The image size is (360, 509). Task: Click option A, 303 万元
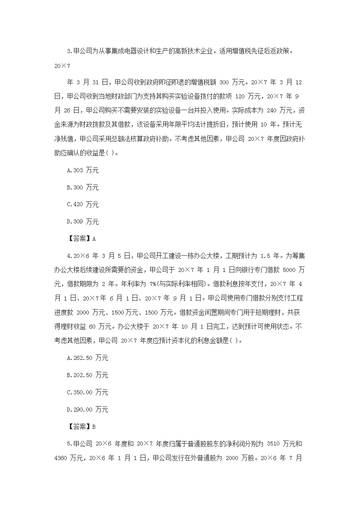pos(83,170)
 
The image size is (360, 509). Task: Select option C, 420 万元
pos(83,205)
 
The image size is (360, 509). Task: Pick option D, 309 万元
pos(83,222)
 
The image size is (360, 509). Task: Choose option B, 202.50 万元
pos(87,375)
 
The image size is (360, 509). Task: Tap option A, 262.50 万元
pos(87,358)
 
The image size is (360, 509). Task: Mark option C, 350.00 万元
pos(87,393)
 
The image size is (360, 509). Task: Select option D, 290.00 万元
pos(87,410)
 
